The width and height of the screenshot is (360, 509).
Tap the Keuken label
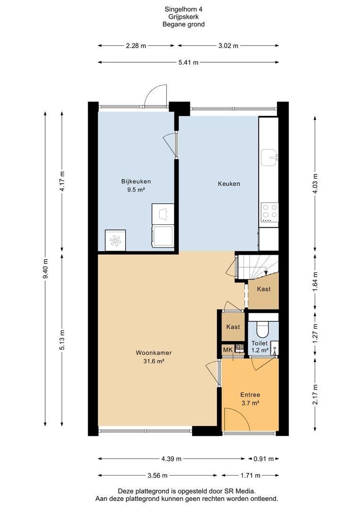coord(229,184)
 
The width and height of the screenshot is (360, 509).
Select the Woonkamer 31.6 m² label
coord(154,357)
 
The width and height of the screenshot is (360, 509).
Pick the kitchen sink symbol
coord(269,157)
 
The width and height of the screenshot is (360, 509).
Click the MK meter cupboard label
coord(228,350)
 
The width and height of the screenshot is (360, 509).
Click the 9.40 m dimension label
coord(46,269)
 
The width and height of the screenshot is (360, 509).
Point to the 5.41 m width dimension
coord(188,62)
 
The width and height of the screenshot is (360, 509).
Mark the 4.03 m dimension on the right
coord(315,184)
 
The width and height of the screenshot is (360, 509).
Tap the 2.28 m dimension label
coord(136,46)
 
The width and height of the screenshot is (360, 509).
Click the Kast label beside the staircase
coord(263,289)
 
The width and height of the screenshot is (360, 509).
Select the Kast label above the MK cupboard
coord(233,327)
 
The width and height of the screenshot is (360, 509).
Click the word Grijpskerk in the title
coord(183,17)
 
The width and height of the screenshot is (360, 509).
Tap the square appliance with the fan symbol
coord(115,240)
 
